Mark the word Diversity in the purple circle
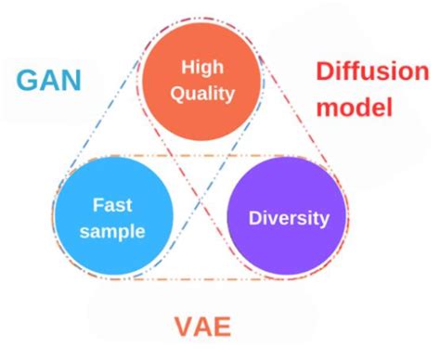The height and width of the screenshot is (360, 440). [288, 219]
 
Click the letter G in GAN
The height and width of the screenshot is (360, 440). [27, 78]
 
